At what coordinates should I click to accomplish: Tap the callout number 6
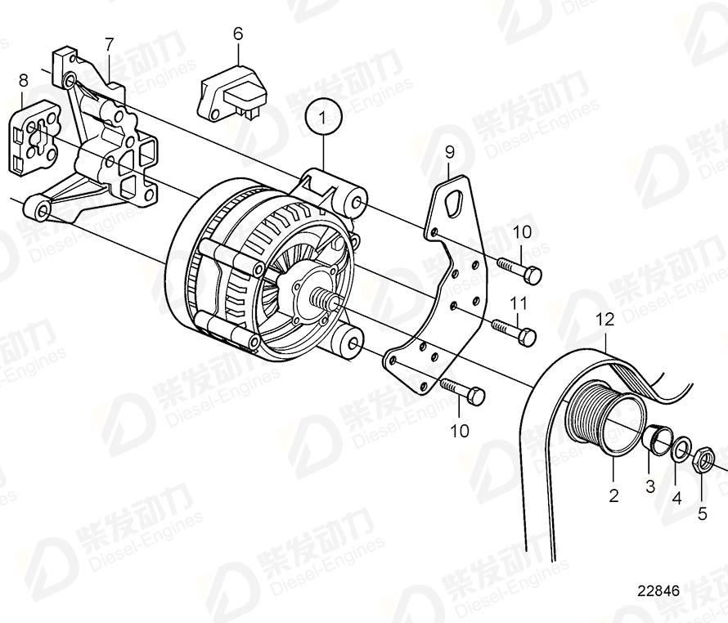pyautogui.click(x=238, y=34)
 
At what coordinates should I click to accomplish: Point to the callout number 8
pyautogui.click(x=23, y=80)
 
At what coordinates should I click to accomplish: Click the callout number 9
pyautogui.click(x=449, y=151)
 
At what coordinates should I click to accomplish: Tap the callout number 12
pyautogui.click(x=604, y=320)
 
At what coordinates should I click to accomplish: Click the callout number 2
pyautogui.click(x=613, y=494)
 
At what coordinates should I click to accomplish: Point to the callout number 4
pyautogui.click(x=676, y=495)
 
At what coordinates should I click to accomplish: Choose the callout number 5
pyautogui.click(x=703, y=514)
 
